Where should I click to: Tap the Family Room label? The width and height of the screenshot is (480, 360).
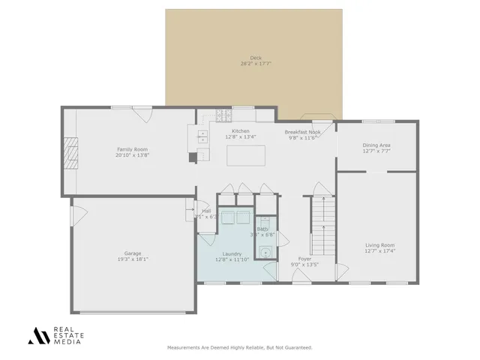(x=132, y=149)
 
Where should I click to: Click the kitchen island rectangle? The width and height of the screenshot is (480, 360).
(x=247, y=155)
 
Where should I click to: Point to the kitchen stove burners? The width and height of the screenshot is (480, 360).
(x=223, y=115)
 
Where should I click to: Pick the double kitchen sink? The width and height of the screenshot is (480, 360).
(x=202, y=136)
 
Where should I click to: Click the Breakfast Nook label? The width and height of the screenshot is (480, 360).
(x=303, y=132)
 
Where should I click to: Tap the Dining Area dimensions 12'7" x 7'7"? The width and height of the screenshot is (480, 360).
(x=376, y=151)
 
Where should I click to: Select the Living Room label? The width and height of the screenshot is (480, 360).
(x=379, y=245)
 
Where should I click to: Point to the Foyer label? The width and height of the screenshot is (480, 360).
(x=304, y=259)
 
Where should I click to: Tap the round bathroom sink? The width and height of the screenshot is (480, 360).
(x=263, y=252)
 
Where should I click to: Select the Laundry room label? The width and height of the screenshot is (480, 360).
(x=232, y=254)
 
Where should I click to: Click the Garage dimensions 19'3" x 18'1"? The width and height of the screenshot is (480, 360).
(x=133, y=259)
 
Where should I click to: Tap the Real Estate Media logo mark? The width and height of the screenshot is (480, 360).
(x=38, y=335)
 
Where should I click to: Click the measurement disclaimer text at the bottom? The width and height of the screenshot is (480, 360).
(x=239, y=347)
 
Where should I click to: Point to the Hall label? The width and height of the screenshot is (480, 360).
(x=206, y=211)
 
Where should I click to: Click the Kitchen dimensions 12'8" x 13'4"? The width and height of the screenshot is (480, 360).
(x=240, y=137)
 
